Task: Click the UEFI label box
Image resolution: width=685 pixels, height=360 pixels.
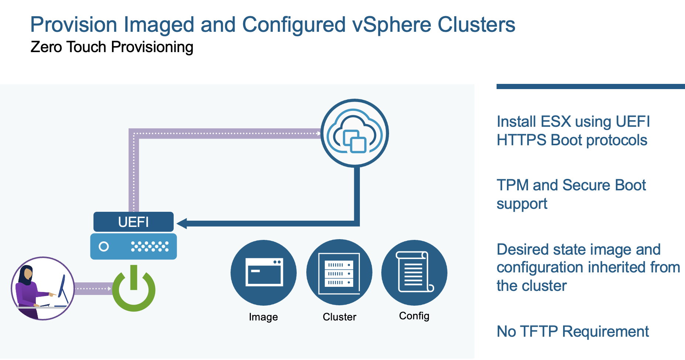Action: [133, 222]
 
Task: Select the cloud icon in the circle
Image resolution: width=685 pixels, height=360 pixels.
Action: [355, 133]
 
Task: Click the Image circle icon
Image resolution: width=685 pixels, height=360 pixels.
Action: [263, 273]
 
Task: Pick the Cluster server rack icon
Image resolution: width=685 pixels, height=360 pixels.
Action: [339, 273]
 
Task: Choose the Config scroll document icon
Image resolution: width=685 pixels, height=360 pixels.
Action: [414, 273]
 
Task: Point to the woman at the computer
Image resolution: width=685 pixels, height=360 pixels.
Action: [43, 288]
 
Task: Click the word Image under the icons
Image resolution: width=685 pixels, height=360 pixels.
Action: [263, 317]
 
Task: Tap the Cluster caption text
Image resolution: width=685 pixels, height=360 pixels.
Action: [340, 317]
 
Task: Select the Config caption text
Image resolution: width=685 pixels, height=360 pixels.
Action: [414, 316]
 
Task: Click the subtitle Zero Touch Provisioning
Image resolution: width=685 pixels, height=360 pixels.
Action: [112, 47]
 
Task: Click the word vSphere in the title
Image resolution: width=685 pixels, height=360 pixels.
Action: [392, 24]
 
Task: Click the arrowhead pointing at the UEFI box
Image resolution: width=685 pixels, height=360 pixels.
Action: [182, 223]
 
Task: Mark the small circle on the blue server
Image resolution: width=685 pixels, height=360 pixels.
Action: [104, 247]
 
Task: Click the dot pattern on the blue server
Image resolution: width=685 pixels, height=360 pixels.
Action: [150, 247]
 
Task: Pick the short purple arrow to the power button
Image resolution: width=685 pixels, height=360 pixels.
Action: [93, 289]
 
